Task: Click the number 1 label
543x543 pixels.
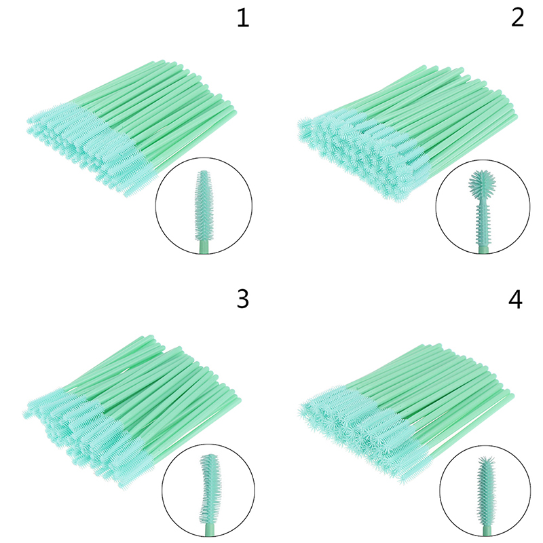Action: (243, 18)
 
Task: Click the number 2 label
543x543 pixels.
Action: (517, 18)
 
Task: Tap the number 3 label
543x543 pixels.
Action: (243, 299)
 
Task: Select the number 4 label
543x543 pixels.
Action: (515, 299)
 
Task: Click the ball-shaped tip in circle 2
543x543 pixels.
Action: (482, 183)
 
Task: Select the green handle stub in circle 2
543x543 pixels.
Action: (483, 248)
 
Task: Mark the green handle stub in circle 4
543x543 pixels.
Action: (488, 531)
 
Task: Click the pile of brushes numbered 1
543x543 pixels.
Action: (132, 128)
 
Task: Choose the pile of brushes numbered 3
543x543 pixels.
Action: (132, 411)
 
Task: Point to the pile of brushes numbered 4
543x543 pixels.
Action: (406, 413)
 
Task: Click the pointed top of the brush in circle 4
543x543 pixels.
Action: (485, 457)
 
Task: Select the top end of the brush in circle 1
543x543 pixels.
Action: (204, 171)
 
